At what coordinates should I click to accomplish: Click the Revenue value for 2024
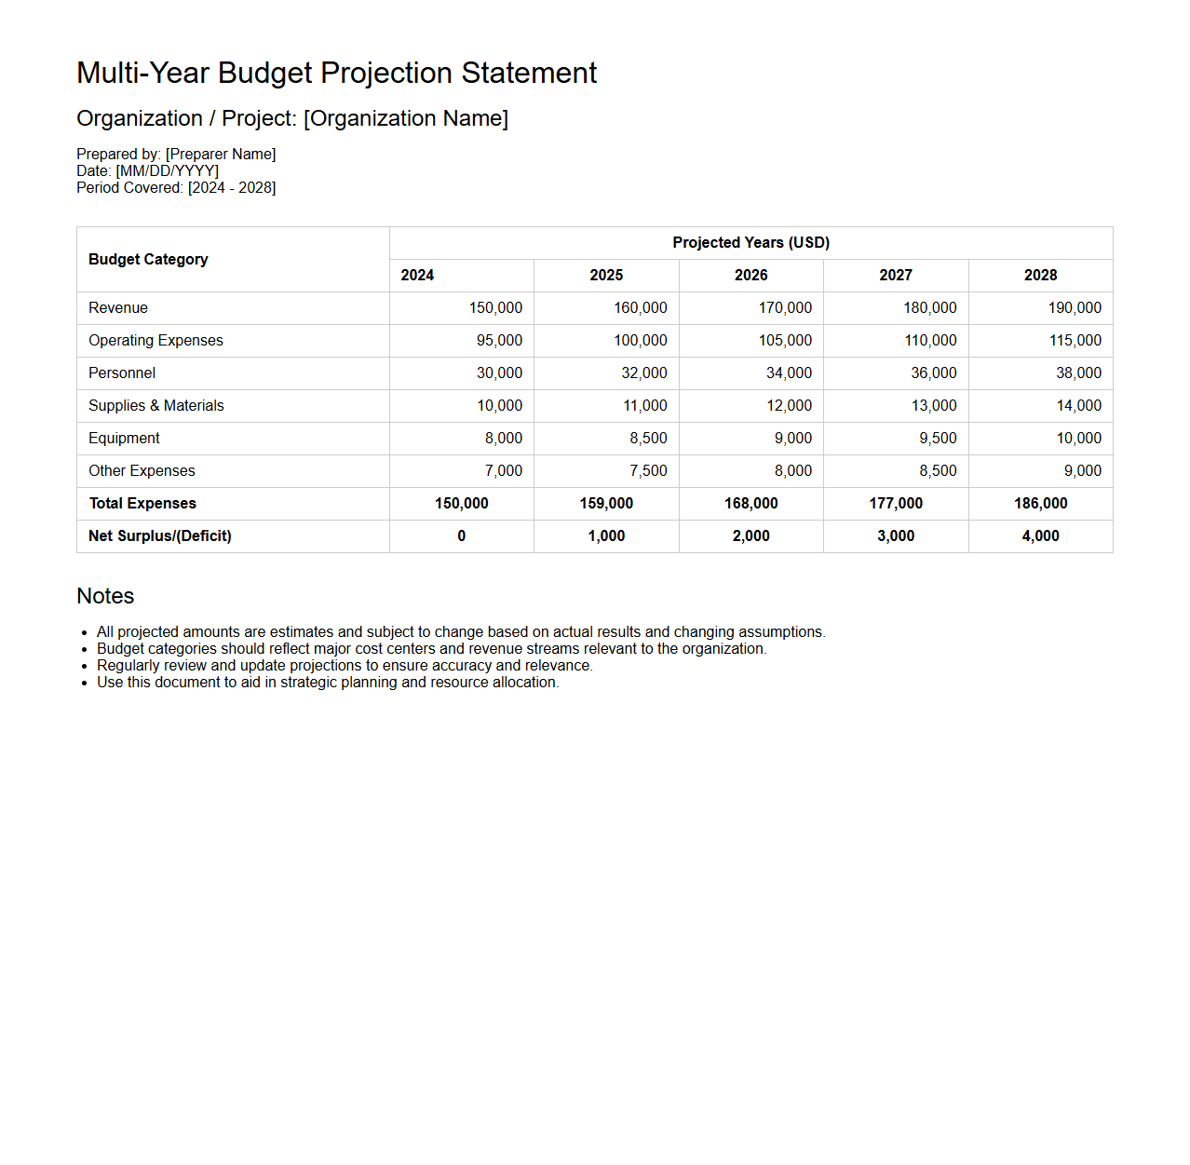(495, 308)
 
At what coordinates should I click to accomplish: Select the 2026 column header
(751, 276)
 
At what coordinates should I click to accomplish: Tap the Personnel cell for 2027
(933, 373)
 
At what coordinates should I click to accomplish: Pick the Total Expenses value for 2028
(1040, 504)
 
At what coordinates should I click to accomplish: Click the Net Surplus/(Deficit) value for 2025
(606, 536)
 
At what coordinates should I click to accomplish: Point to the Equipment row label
(124, 439)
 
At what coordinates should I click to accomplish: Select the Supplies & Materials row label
(156, 406)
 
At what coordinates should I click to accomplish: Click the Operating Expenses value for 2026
(785, 341)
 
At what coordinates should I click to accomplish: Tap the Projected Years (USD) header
(751, 243)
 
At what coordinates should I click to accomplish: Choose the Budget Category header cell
(148, 260)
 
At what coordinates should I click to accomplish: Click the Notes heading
(105, 596)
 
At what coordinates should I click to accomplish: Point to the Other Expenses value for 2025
(648, 471)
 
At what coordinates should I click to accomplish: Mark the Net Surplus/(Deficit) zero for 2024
(461, 536)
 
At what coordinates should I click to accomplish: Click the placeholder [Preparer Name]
(221, 155)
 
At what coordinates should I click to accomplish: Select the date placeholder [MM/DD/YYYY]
(168, 171)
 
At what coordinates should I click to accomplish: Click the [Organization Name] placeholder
(406, 119)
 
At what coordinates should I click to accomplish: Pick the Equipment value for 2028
(1078, 439)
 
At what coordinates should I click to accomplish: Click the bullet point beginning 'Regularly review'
(345, 666)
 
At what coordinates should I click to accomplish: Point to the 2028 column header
(1040, 276)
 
